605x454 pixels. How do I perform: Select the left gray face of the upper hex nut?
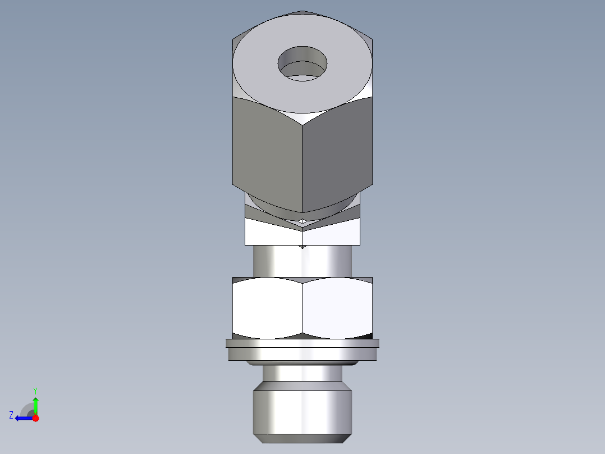tap(267, 152)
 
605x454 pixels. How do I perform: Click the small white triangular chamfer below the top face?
tap(302, 117)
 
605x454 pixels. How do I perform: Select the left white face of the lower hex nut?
tap(267, 309)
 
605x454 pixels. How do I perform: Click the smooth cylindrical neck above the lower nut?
tap(302, 261)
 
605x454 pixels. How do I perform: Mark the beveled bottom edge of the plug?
tap(302, 435)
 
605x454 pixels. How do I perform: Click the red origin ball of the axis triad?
tap(35, 418)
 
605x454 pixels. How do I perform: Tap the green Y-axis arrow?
tap(35, 405)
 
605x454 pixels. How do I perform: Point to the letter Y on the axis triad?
tap(35, 391)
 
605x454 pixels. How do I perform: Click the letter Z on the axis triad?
tap(11, 415)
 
